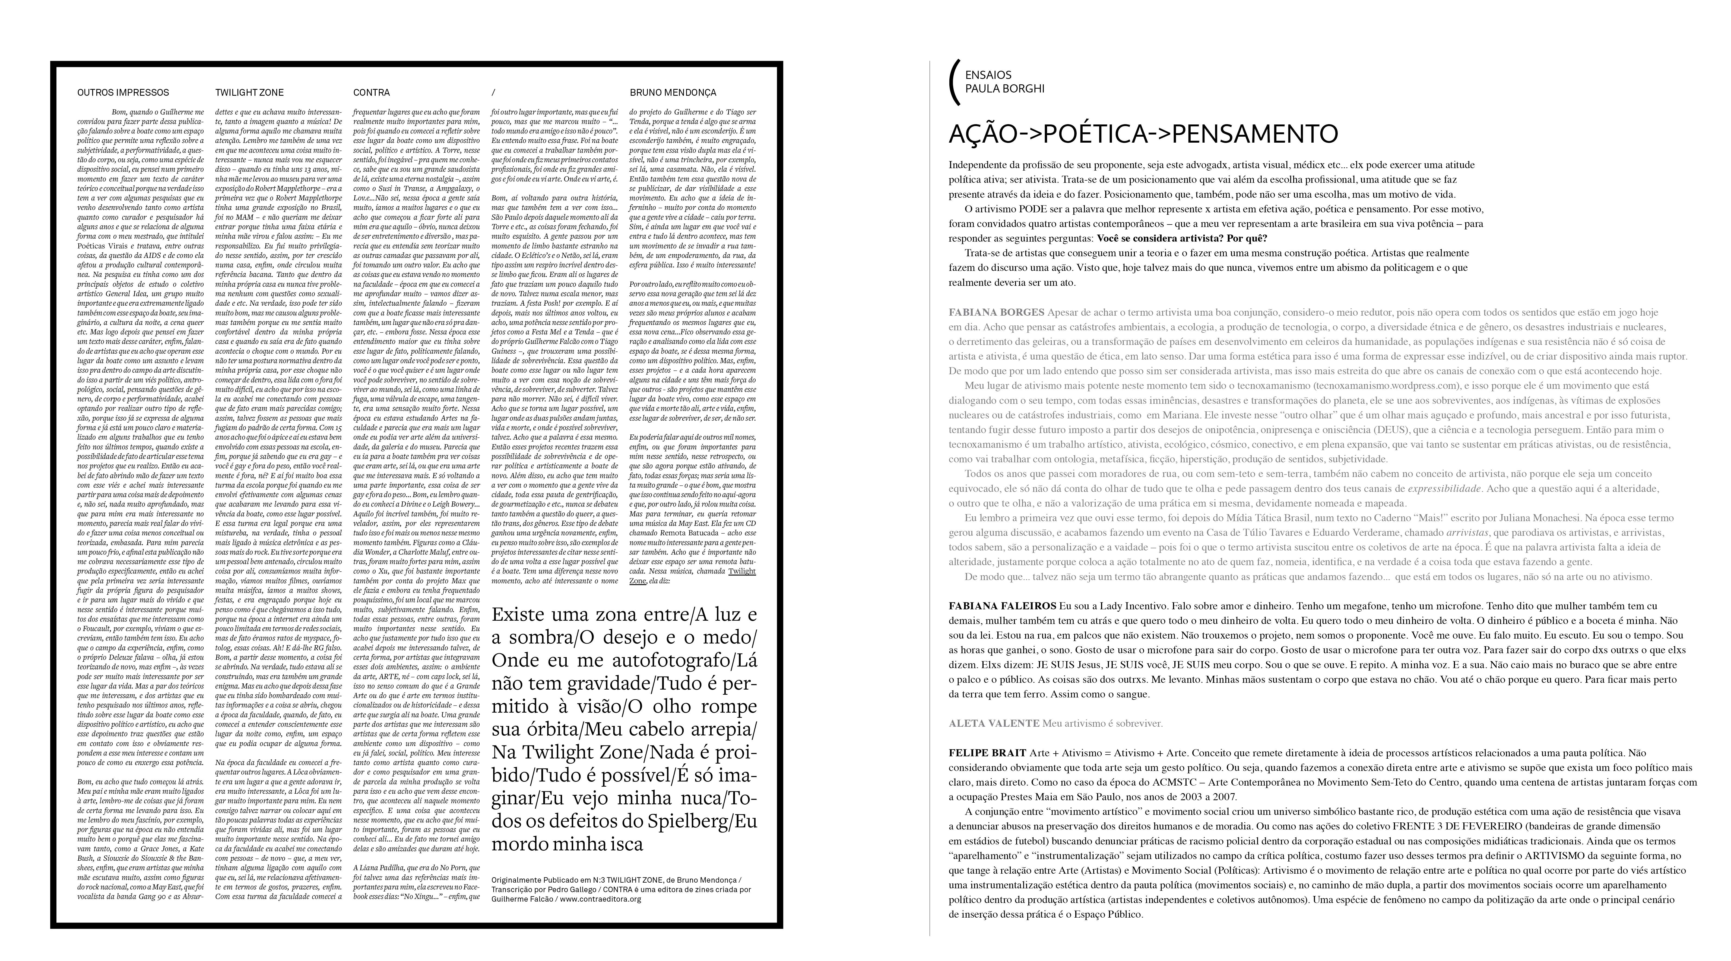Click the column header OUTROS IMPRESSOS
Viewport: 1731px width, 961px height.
point(123,93)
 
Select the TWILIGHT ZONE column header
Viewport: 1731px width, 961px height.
point(249,93)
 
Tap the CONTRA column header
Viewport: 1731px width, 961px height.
point(372,93)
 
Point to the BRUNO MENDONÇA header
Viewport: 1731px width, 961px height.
point(673,93)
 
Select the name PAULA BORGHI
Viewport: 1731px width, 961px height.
point(1005,89)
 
